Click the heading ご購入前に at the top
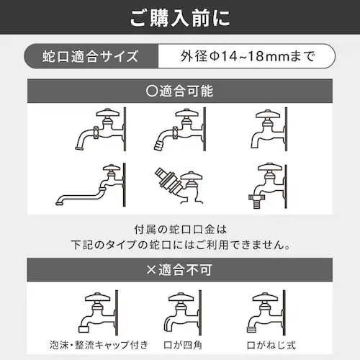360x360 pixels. [x=180, y=17]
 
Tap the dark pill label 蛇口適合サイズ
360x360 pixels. [x=90, y=55]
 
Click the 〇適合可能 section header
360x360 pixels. [x=180, y=92]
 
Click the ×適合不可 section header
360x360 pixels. [x=180, y=271]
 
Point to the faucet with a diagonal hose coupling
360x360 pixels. [x=176, y=183]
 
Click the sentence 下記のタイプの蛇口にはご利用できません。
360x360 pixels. [x=180, y=245]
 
